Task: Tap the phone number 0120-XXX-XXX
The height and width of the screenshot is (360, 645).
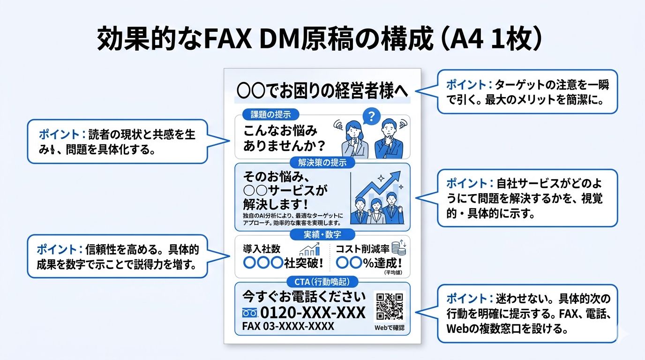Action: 312,312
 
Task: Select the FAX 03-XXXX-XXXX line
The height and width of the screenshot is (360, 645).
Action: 288,326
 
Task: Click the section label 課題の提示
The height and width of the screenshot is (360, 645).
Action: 270,114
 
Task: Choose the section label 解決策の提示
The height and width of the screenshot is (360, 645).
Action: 322,163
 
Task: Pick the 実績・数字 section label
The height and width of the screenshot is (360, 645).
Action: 322,234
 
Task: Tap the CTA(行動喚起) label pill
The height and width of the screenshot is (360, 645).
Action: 322,282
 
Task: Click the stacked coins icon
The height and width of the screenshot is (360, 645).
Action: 399,248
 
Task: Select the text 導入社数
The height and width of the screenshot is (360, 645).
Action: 261,249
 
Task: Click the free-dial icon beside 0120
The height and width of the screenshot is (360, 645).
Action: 250,313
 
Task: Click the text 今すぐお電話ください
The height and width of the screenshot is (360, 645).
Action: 303,296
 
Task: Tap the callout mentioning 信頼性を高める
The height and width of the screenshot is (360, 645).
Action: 117,256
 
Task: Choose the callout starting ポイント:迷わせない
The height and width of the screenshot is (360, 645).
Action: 527,313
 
